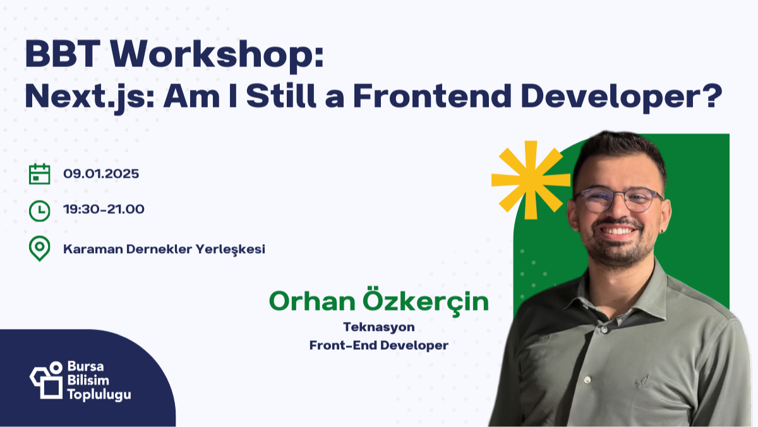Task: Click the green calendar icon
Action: (40, 174)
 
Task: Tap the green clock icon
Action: (40, 210)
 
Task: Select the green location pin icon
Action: (40, 249)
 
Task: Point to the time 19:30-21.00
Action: (104, 209)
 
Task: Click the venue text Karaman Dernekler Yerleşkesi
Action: (164, 249)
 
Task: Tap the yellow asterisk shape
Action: (529, 177)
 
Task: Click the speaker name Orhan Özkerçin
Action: (379, 302)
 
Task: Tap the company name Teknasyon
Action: (379, 327)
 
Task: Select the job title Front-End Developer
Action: (379, 345)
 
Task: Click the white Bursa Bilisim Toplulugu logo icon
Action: (46, 380)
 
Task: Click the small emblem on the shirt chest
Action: (642, 380)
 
